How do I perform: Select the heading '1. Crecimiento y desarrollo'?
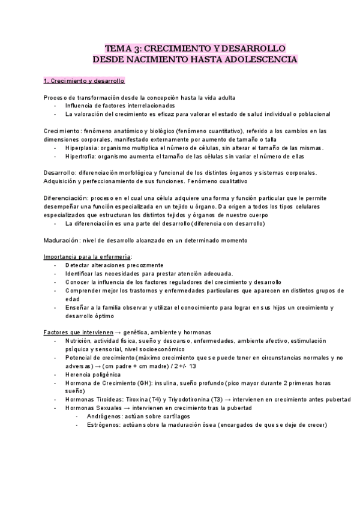84,80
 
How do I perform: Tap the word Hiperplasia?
82,148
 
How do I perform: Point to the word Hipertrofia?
82,156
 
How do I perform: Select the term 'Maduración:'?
62,240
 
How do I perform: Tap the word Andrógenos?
101,417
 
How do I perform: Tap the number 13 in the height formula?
193,366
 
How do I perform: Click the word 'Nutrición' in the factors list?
79,340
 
